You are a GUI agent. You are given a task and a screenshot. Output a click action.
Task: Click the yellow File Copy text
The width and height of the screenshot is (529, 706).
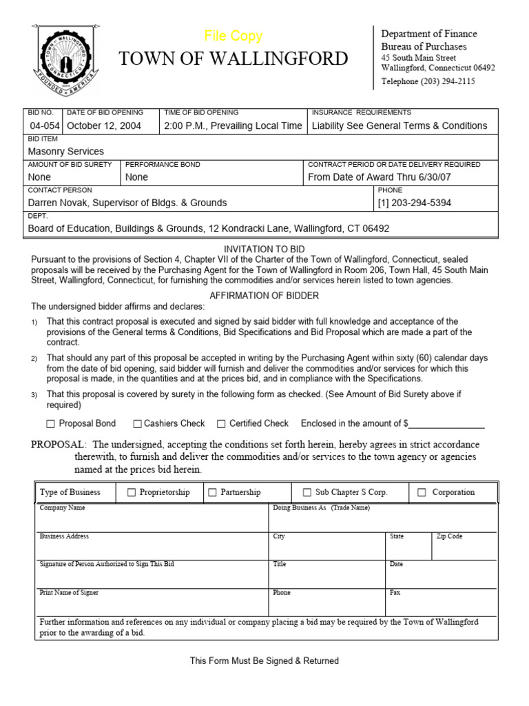point(233,37)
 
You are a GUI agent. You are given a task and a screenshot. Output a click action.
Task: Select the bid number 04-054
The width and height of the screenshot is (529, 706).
point(44,125)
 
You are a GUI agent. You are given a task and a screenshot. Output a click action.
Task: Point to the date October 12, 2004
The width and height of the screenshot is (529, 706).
point(104,125)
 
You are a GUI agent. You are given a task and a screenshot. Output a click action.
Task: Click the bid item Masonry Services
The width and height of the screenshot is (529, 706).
point(66,151)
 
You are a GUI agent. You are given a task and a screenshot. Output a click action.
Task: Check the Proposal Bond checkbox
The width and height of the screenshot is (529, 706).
point(50,424)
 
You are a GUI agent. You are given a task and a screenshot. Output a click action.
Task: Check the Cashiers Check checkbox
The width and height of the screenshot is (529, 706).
point(137,424)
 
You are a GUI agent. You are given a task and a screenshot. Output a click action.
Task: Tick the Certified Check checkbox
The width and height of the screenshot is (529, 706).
point(221,424)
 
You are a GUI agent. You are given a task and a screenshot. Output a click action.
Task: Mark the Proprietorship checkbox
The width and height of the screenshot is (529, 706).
point(132,492)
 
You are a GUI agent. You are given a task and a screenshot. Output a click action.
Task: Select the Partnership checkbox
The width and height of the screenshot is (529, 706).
point(213,492)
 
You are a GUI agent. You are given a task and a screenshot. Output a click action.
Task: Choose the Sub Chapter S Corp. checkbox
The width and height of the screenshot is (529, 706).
point(307,492)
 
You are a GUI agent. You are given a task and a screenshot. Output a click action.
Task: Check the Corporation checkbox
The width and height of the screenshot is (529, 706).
point(421,492)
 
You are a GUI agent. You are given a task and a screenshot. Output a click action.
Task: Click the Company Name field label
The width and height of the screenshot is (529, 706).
point(63,508)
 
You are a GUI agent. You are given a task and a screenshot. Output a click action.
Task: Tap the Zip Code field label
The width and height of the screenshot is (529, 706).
point(449,536)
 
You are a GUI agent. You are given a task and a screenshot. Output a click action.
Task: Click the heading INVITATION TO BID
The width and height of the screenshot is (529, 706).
point(264,249)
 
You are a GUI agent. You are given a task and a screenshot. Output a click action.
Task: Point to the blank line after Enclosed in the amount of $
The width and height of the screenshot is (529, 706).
point(447,424)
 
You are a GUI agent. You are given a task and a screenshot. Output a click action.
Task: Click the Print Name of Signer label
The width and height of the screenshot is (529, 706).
point(69,592)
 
